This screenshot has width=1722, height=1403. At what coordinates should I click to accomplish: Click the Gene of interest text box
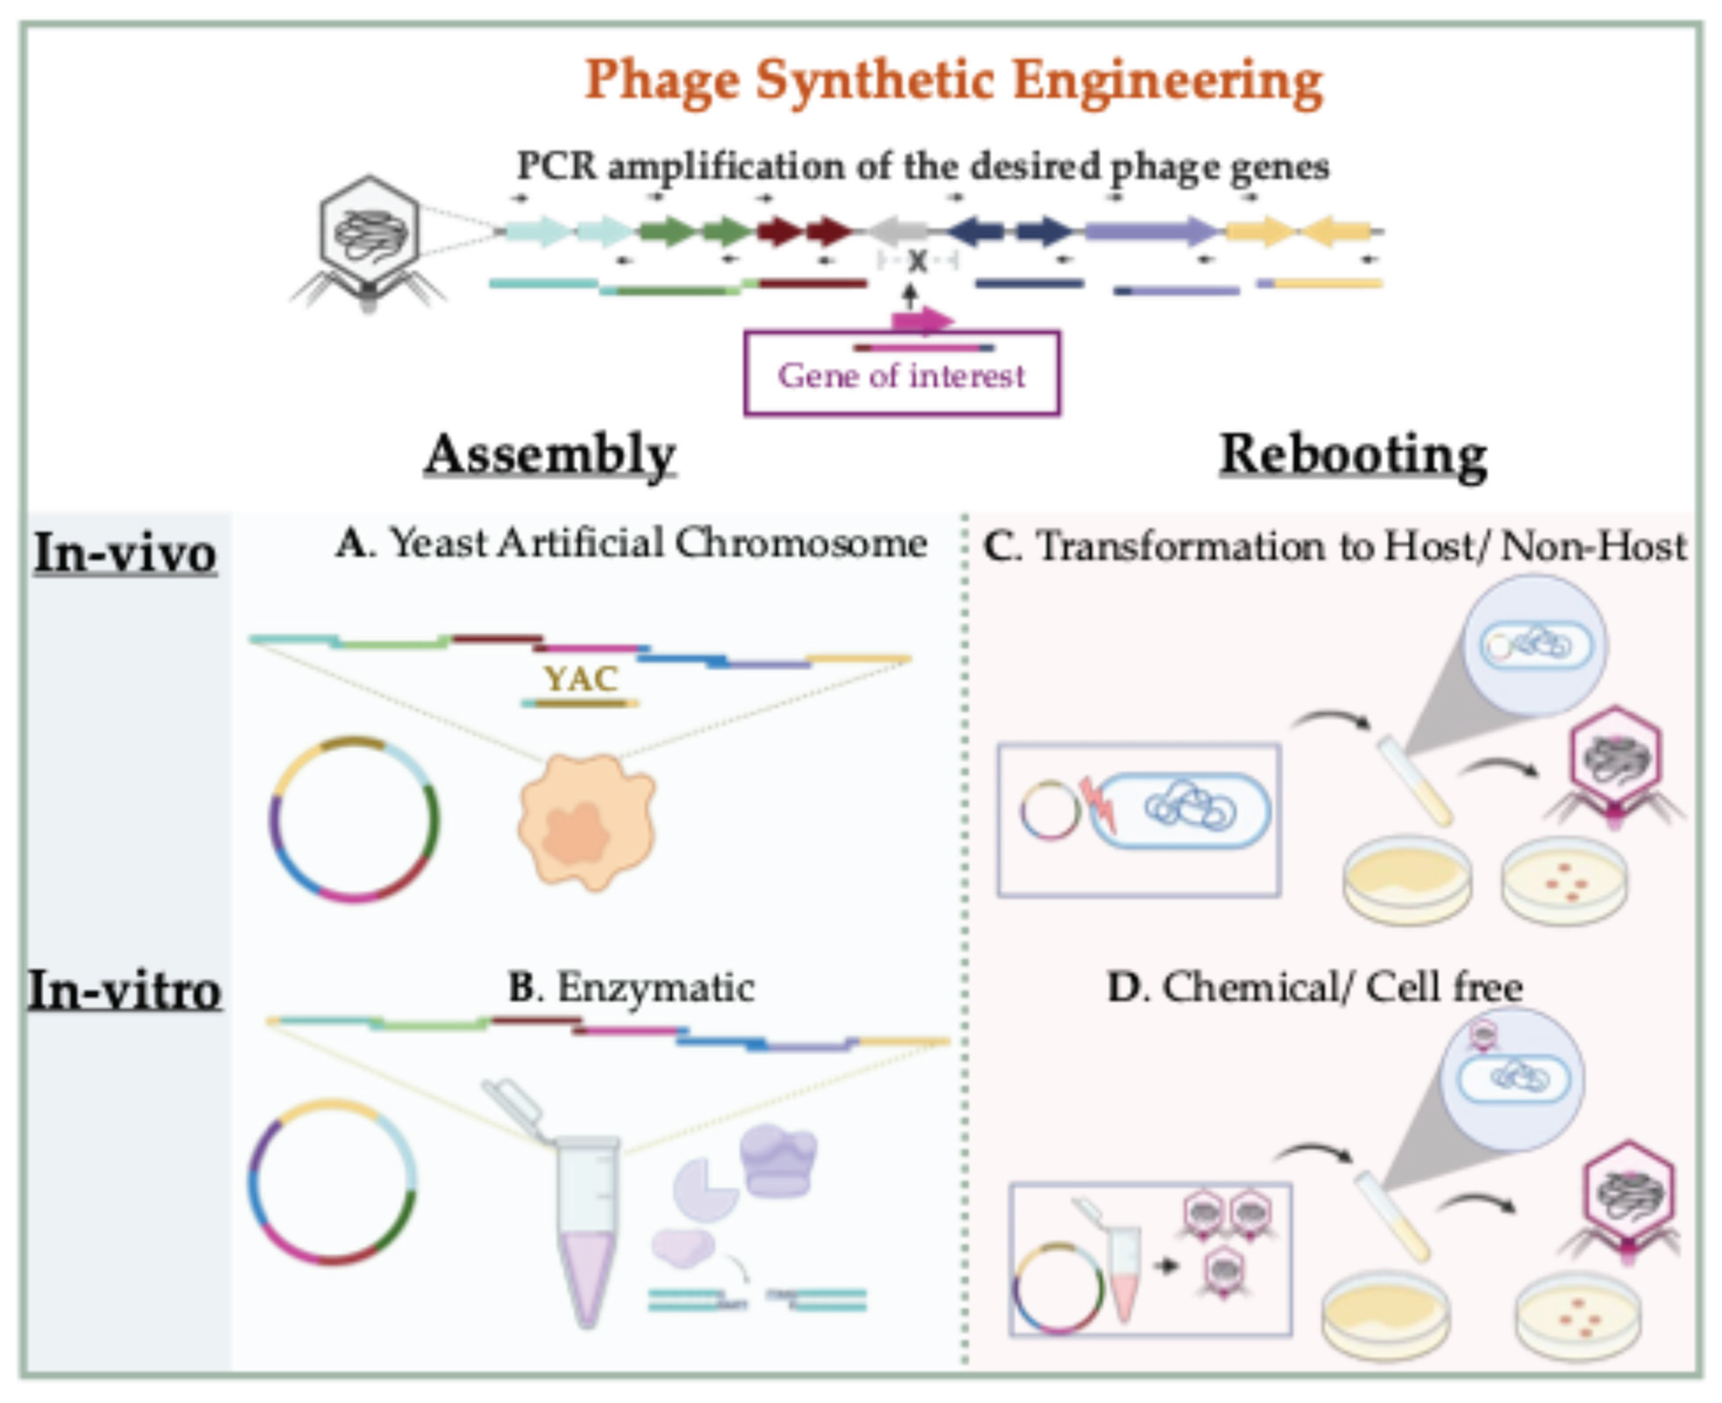coord(901,374)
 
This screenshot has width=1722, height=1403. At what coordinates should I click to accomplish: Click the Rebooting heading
coord(1353,455)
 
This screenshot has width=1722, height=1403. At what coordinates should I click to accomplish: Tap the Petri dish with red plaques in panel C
coord(1564,881)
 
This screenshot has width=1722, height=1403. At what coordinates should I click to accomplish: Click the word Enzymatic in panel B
coord(655,987)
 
